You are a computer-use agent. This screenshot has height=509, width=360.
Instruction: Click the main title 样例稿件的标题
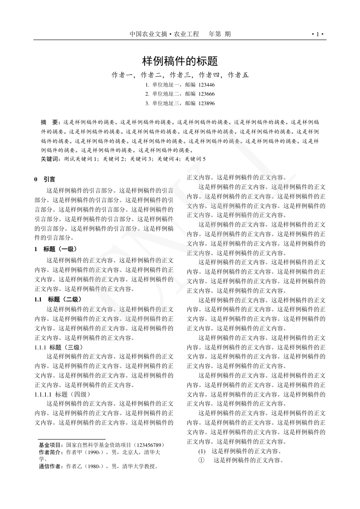point(180,61)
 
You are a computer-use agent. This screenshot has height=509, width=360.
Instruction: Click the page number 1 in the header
point(317,34)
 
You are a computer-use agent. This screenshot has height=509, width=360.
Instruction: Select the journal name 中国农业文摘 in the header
point(148,34)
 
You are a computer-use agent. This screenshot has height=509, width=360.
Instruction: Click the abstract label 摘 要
point(50,122)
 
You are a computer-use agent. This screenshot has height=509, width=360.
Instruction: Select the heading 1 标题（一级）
point(56,249)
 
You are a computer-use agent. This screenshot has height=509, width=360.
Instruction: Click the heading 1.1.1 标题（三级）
point(58,347)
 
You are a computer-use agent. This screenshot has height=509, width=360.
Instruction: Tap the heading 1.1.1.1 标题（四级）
point(63,394)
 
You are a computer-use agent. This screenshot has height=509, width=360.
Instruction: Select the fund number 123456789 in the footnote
point(147,446)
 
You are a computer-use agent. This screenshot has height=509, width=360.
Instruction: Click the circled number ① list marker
point(202,460)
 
